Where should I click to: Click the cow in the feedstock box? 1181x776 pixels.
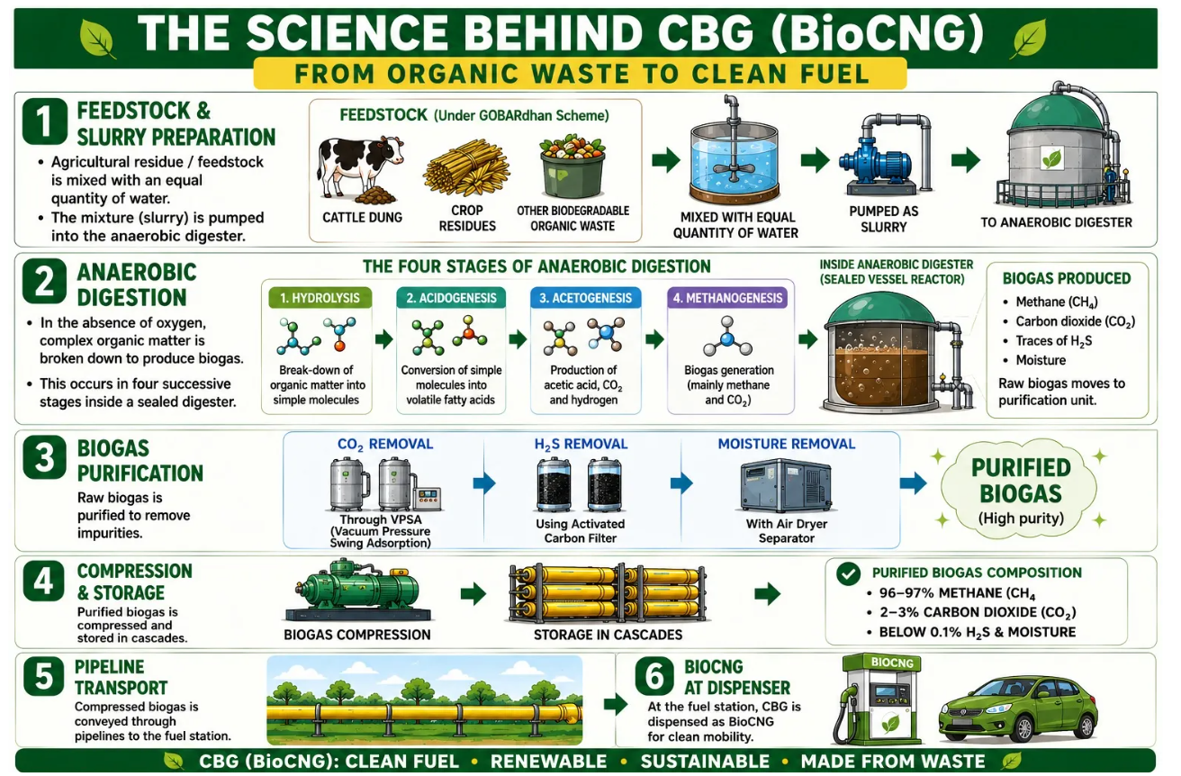[359, 167]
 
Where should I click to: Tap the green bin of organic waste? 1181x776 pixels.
[573, 167]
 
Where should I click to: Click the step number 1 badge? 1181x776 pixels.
[45, 122]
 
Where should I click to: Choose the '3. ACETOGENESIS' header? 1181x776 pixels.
[585, 298]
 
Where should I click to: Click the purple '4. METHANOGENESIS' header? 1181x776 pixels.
[727, 298]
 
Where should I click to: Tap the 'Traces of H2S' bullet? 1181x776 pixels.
[1053, 341]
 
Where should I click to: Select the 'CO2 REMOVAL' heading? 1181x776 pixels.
[385, 445]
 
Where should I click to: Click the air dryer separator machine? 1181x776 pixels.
[786, 485]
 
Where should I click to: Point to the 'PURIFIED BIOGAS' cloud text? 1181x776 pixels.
[1022, 481]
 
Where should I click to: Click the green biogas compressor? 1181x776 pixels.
[357, 591]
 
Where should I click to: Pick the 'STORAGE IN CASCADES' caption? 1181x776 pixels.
[608, 635]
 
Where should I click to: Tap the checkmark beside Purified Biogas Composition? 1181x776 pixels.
[848, 573]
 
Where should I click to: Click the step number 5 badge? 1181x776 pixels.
[44, 676]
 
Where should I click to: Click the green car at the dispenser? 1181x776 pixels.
[1018, 708]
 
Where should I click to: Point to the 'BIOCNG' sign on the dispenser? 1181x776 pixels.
[893, 663]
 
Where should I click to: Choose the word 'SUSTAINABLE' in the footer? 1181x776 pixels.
[705, 762]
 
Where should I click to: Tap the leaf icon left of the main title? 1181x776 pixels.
[97, 38]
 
